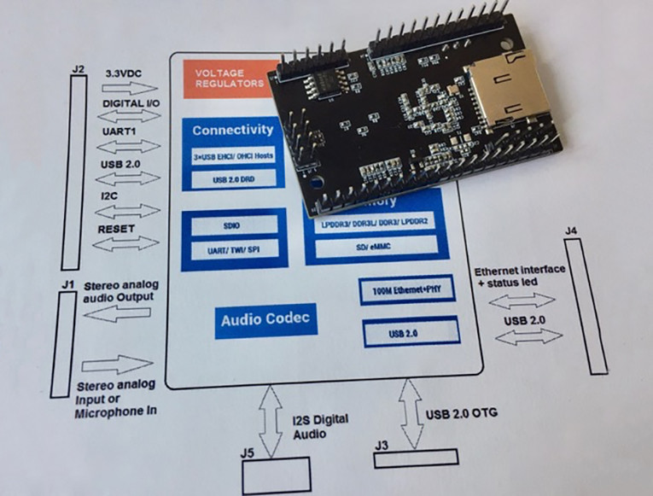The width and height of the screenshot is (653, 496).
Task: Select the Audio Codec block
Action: pyautogui.click(x=265, y=321)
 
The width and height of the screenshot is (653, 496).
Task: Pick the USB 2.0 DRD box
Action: pyautogui.click(x=232, y=178)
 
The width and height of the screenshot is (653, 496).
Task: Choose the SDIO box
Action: pyautogui.click(x=232, y=224)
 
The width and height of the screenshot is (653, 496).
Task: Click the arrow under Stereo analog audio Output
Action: pyautogui.click(x=120, y=314)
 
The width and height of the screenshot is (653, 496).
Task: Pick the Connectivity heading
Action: pyautogui.click(x=232, y=131)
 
